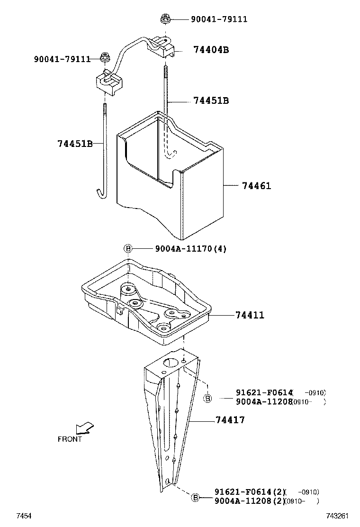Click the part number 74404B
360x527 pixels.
pyautogui.click(x=211, y=50)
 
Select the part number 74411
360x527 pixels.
pyautogui.click(x=249, y=315)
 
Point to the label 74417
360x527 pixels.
pyautogui.click(x=230, y=420)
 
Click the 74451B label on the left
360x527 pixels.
pyautogui.click(x=75, y=144)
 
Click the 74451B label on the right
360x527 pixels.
pyautogui.click(x=211, y=100)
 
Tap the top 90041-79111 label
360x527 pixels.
pyautogui.click(x=219, y=19)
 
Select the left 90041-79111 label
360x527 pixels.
pyautogui.click(x=62, y=59)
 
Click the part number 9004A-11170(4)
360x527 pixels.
pyautogui.click(x=190, y=249)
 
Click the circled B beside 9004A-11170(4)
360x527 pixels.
pyautogui.click(x=127, y=249)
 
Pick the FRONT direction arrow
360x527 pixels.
pyautogui.click(x=85, y=428)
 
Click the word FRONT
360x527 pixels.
pyautogui.click(x=70, y=439)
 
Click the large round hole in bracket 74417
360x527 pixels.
pyautogui.click(x=169, y=363)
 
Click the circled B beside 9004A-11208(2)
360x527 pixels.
pyautogui.click(x=195, y=497)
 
